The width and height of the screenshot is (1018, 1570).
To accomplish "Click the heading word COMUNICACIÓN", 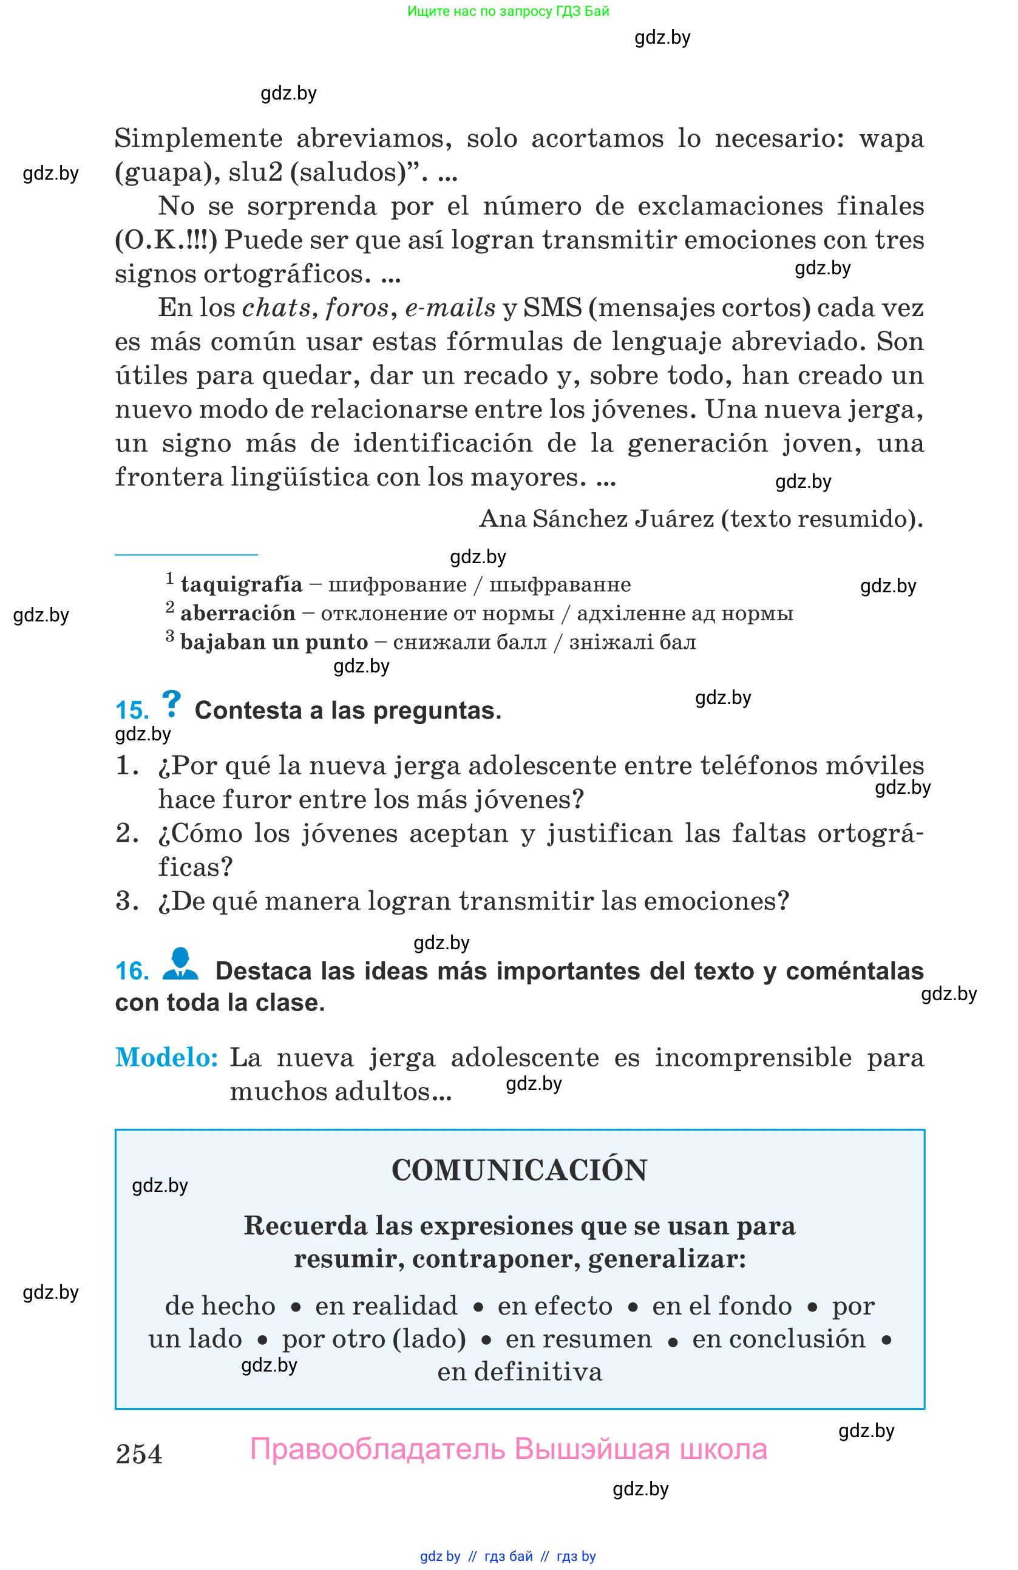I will click(519, 1171).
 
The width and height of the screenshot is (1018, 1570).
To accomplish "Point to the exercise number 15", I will click(132, 711).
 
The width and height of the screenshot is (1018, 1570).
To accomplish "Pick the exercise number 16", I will click(132, 971).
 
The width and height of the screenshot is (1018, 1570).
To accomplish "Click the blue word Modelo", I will click(166, 1057).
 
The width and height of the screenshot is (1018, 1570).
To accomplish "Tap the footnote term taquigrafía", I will click(242, 584).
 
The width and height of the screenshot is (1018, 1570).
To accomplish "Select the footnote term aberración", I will click(237, 614).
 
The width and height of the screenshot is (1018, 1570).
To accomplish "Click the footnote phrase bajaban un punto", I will click(274, 642).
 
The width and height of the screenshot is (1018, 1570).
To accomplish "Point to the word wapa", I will click(891, 138).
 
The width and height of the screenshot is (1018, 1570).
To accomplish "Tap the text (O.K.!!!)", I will click(166, 240).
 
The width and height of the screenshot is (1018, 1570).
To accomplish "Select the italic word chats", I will click(276, 308).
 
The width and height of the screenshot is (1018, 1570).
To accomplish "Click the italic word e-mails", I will click(450, 308).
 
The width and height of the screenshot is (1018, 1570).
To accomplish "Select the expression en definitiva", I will click(519, 1372).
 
